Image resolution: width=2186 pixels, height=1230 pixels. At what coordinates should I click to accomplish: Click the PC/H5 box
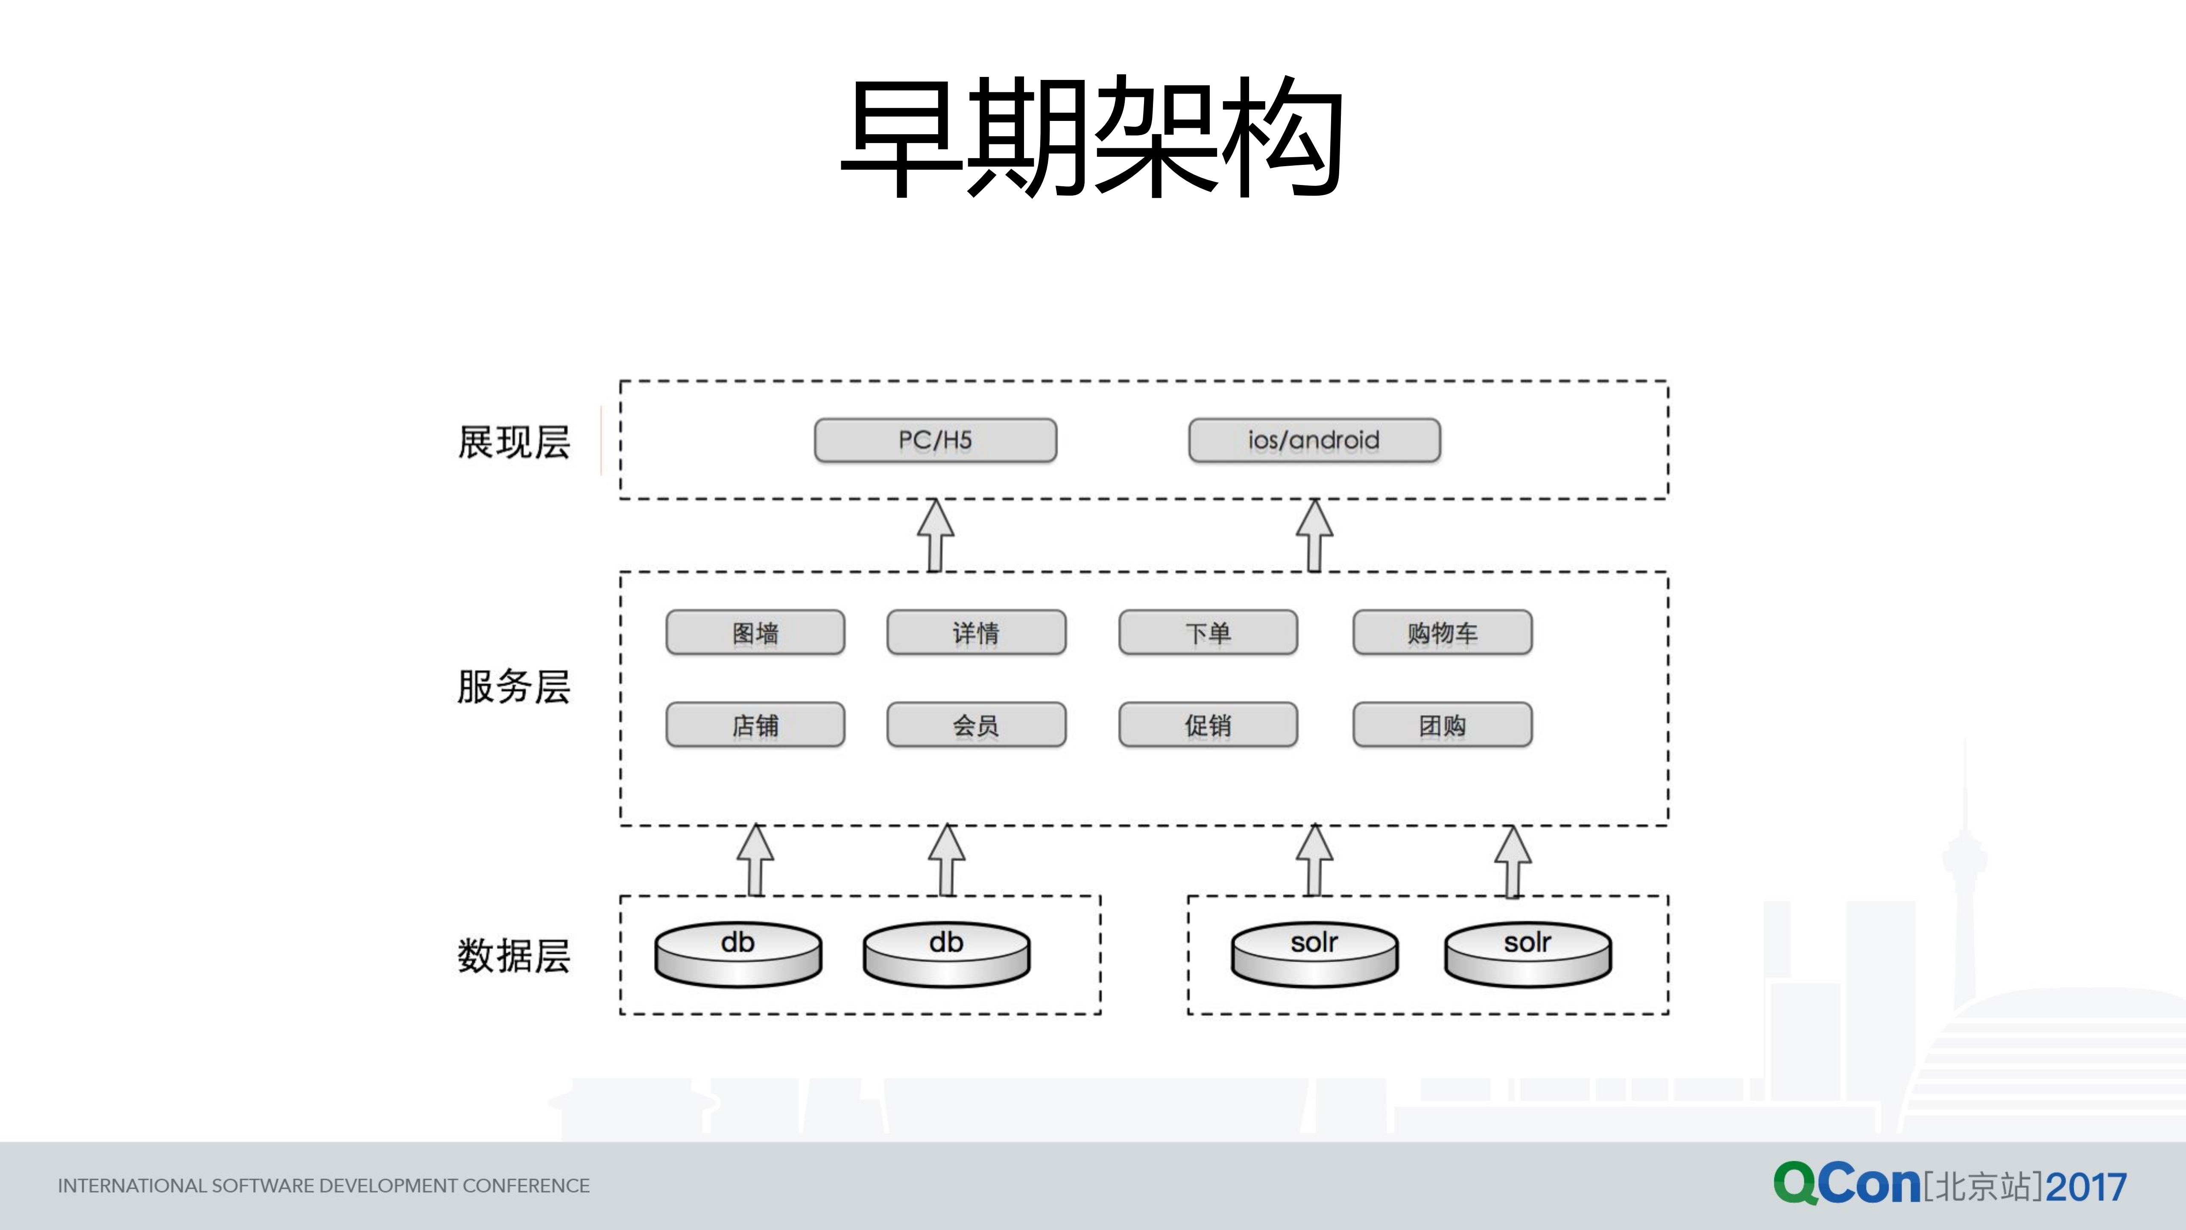point(935,440)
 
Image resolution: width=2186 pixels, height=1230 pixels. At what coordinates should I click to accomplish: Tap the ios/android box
point(1314,440)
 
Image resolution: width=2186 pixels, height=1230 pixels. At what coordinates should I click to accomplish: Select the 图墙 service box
point(755,632)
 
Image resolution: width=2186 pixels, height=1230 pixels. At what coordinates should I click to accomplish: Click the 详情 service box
point(976,632)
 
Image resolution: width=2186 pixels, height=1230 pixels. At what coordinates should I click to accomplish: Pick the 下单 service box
point(1208,632)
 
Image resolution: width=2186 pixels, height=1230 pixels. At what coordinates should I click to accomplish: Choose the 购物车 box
point(1442,632)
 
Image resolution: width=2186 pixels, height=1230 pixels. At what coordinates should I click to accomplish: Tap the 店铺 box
point(755,725)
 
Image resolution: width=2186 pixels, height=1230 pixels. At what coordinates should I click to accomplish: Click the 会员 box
point(976,725)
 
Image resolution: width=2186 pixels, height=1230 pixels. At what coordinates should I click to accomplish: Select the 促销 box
point(1208,725)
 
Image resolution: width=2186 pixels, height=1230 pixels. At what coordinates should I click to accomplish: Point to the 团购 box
point(1442,725)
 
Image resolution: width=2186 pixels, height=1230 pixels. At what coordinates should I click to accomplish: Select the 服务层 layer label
point(513,686)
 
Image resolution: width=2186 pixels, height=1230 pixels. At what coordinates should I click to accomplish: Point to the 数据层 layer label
point(513,956)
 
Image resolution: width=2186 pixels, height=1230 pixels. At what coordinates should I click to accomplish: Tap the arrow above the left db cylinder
point(755,860)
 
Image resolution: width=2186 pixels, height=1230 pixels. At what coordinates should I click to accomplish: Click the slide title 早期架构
point(1092,138)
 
